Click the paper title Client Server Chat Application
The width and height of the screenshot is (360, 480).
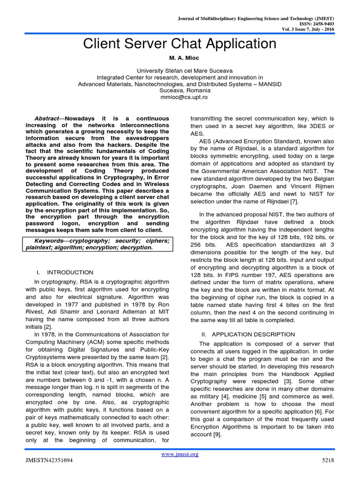coord(180,44)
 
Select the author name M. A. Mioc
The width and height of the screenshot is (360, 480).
coord(180,61)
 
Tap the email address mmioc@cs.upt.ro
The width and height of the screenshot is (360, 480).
coord(180,97)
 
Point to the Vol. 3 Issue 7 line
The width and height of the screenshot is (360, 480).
coord(306,29)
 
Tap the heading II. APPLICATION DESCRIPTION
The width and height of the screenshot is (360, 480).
coord(247,334)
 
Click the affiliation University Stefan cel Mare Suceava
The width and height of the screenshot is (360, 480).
coord(180,71)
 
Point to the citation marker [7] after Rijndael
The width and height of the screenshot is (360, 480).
coord(293,202)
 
